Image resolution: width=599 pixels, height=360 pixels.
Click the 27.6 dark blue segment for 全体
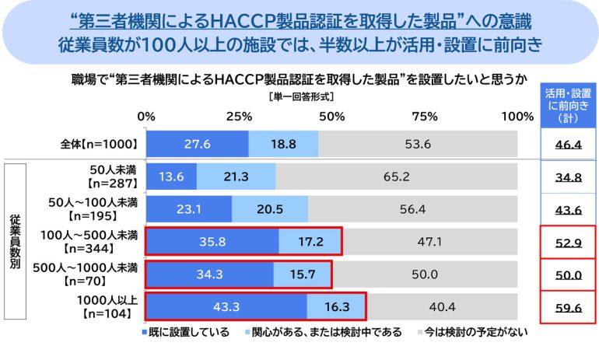click(x=197, y=144)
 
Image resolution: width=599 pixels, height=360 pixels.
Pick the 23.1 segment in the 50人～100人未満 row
click(x=189, y=208)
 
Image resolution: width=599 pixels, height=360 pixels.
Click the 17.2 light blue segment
click(x=310, y=241)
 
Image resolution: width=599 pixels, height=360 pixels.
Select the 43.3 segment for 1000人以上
click(x=226, y=306)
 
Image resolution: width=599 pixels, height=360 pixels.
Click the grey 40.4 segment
click(x=441, y=306)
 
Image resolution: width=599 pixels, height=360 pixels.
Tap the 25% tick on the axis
click(x=239, y=117)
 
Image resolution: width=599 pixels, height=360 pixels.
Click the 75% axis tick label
click(x=425, y=117)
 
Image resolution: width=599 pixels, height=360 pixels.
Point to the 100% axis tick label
click(x=516, y=117)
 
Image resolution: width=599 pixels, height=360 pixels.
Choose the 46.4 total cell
click(x=569, y=144)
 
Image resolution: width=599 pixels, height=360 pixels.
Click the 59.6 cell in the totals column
click(x=569, y=306)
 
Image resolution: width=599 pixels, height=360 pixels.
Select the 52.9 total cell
click(x=569, y=241)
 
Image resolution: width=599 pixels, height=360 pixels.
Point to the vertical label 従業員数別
click(x=16, y=241)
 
